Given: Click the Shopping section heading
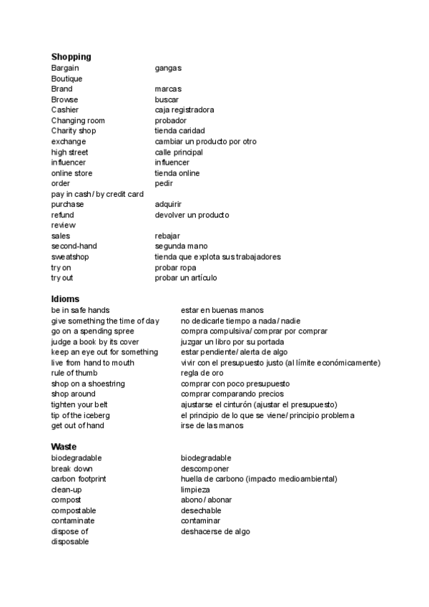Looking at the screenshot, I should click(71, 57).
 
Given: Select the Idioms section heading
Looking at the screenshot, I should click(65, 298).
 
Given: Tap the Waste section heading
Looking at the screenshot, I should click(64, 447).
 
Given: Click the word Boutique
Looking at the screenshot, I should click(66, 79).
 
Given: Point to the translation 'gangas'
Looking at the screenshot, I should click(168, 68).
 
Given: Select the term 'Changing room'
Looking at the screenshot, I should click(78, 121).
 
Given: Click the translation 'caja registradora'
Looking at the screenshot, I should click(184, 110).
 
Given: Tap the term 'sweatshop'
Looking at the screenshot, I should click(70, 257).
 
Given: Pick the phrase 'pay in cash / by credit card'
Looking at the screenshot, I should click(98, 194).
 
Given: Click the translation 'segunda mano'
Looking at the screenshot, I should click(181, 246).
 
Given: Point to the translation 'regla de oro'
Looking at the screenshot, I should click(202, 373).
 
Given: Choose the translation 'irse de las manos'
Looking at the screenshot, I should click(212, 426).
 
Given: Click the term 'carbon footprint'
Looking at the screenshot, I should click(79, 479).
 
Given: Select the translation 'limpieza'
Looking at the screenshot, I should click(195, 490).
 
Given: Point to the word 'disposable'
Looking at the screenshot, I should click(70, 542).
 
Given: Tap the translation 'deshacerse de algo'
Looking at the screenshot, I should click(215, 532).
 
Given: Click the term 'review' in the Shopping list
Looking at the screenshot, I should click(63, 225).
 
